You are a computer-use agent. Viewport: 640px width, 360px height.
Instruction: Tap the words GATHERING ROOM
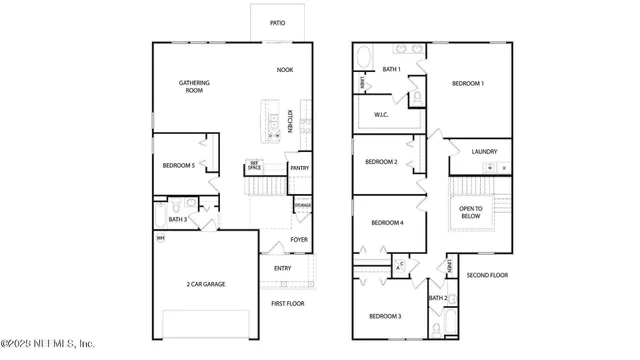click(x=193, y=86)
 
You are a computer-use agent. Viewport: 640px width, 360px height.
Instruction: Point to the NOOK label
click(x=285, y=70)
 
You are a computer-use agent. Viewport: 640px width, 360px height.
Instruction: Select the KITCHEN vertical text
click(x=290, y=121)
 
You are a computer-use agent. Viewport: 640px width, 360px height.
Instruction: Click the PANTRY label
click(x=299, y=168)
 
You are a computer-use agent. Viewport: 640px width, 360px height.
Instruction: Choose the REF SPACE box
click(x=255, y=166)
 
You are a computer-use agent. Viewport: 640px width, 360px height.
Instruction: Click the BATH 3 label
click(x=177, y=219)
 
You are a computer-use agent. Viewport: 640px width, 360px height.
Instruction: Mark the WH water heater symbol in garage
click(x=160, y=239)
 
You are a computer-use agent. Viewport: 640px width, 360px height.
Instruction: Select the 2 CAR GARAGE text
click(x=205, y=284)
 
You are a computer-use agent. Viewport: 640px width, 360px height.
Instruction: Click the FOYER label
click(x=299, y=240)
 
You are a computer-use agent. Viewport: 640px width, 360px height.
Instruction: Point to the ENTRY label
click(x=283, y=268)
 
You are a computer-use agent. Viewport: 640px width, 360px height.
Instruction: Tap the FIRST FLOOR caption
click(x=288, y=303)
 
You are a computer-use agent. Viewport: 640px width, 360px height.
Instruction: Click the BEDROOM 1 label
click(x=467, y=83)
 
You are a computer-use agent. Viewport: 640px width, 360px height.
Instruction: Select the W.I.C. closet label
click(x=380, y=114)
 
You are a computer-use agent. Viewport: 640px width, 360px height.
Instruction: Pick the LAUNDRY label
click(x=485, y=152)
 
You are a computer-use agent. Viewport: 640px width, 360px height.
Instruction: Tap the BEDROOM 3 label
click(x=385, y=316)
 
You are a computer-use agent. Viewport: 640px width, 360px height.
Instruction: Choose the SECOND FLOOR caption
click(x=487, y=275)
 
